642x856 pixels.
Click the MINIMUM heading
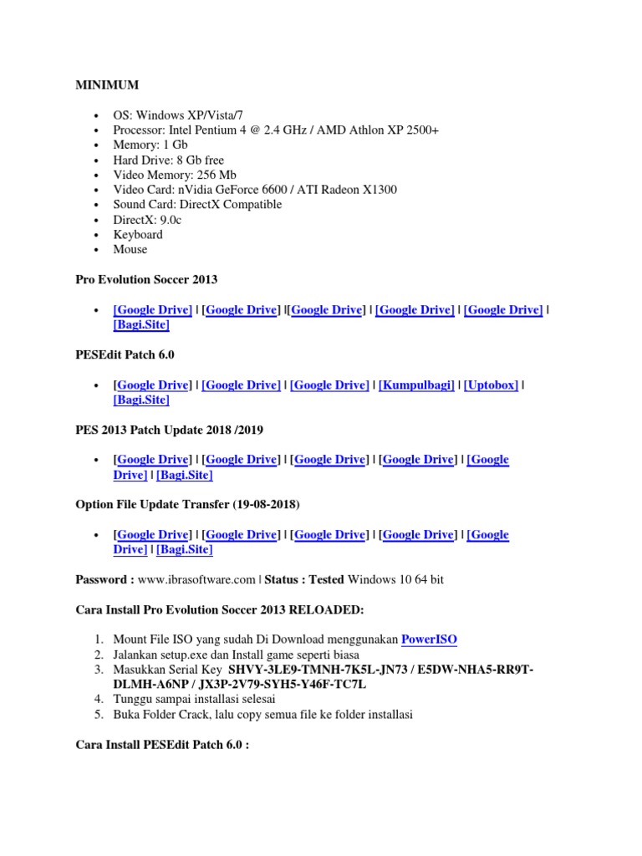107,85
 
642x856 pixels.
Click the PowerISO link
429,639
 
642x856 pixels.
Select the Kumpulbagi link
416,385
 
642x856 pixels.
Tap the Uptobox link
491,385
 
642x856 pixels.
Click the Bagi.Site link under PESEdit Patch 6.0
141,400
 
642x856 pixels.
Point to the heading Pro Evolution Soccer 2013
145,279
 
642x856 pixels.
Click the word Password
102,579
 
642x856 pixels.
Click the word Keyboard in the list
138,234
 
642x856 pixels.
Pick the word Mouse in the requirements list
130,249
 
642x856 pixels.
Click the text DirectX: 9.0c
148,219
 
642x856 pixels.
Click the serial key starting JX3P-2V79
296,684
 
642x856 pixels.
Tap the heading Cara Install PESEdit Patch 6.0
161,743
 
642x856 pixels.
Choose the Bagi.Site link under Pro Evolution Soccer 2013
141,325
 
